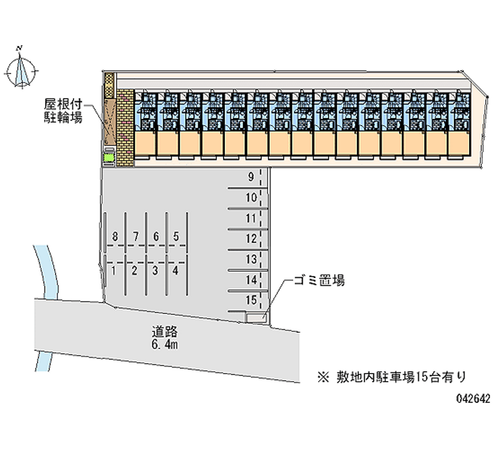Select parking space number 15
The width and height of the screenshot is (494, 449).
click(250, 300)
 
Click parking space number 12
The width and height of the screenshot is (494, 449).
click(250, 238)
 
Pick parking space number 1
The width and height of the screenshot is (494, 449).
click(114, 269)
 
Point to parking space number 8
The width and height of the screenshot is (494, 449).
click(115, 236)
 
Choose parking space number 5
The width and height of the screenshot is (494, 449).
click(176, 236)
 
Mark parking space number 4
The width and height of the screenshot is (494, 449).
click(176, 269)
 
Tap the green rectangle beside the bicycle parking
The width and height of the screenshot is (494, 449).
click(109, 159)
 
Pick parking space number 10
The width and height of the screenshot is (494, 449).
click(250, 198)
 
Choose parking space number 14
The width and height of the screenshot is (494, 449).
click(250, 280)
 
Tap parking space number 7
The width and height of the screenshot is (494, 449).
click(136, 236)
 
